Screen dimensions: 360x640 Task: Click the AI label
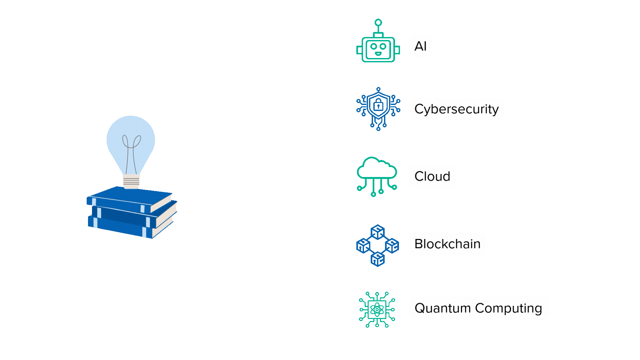pos(420,46)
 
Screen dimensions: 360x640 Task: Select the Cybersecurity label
pos(456,109)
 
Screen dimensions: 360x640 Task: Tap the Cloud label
pos(432,176)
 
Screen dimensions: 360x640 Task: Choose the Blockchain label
pos(447,244)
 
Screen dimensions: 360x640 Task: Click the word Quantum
pos(442,308)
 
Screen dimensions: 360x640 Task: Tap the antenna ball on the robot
pos(378,23)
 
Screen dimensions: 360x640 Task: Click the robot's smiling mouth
pos(378,53)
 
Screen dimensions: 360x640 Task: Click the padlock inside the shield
pos(378,105)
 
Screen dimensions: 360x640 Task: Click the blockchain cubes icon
pos(377,246)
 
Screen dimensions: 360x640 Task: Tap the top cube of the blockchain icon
pos(377,232)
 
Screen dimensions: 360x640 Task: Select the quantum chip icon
pos(377,310)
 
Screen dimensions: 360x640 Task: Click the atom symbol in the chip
pos(377,310)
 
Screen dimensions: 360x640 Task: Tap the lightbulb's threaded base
pos(131,182)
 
